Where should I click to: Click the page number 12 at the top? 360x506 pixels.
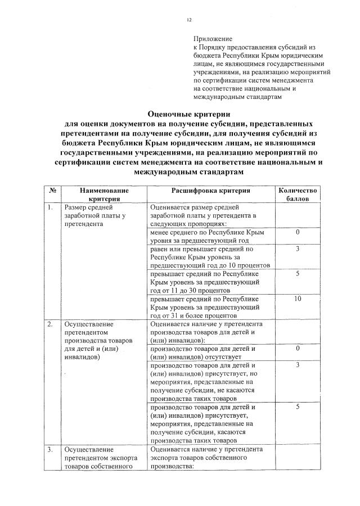point(189,20)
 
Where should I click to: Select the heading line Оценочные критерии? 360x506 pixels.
point(189,113)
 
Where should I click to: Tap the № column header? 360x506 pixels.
point(52,191)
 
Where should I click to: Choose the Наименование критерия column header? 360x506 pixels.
point(104,195)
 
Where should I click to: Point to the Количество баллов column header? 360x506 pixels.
point(298,195)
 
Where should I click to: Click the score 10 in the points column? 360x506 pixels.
point(298,299)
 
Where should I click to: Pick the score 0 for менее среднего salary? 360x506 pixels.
point(298,232)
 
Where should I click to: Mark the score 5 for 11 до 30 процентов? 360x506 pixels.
point(298,274)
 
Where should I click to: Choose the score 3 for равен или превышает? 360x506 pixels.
point(298,249)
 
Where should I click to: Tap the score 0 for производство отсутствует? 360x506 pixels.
point(298,349)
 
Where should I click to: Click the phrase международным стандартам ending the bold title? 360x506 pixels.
point(189,171)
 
